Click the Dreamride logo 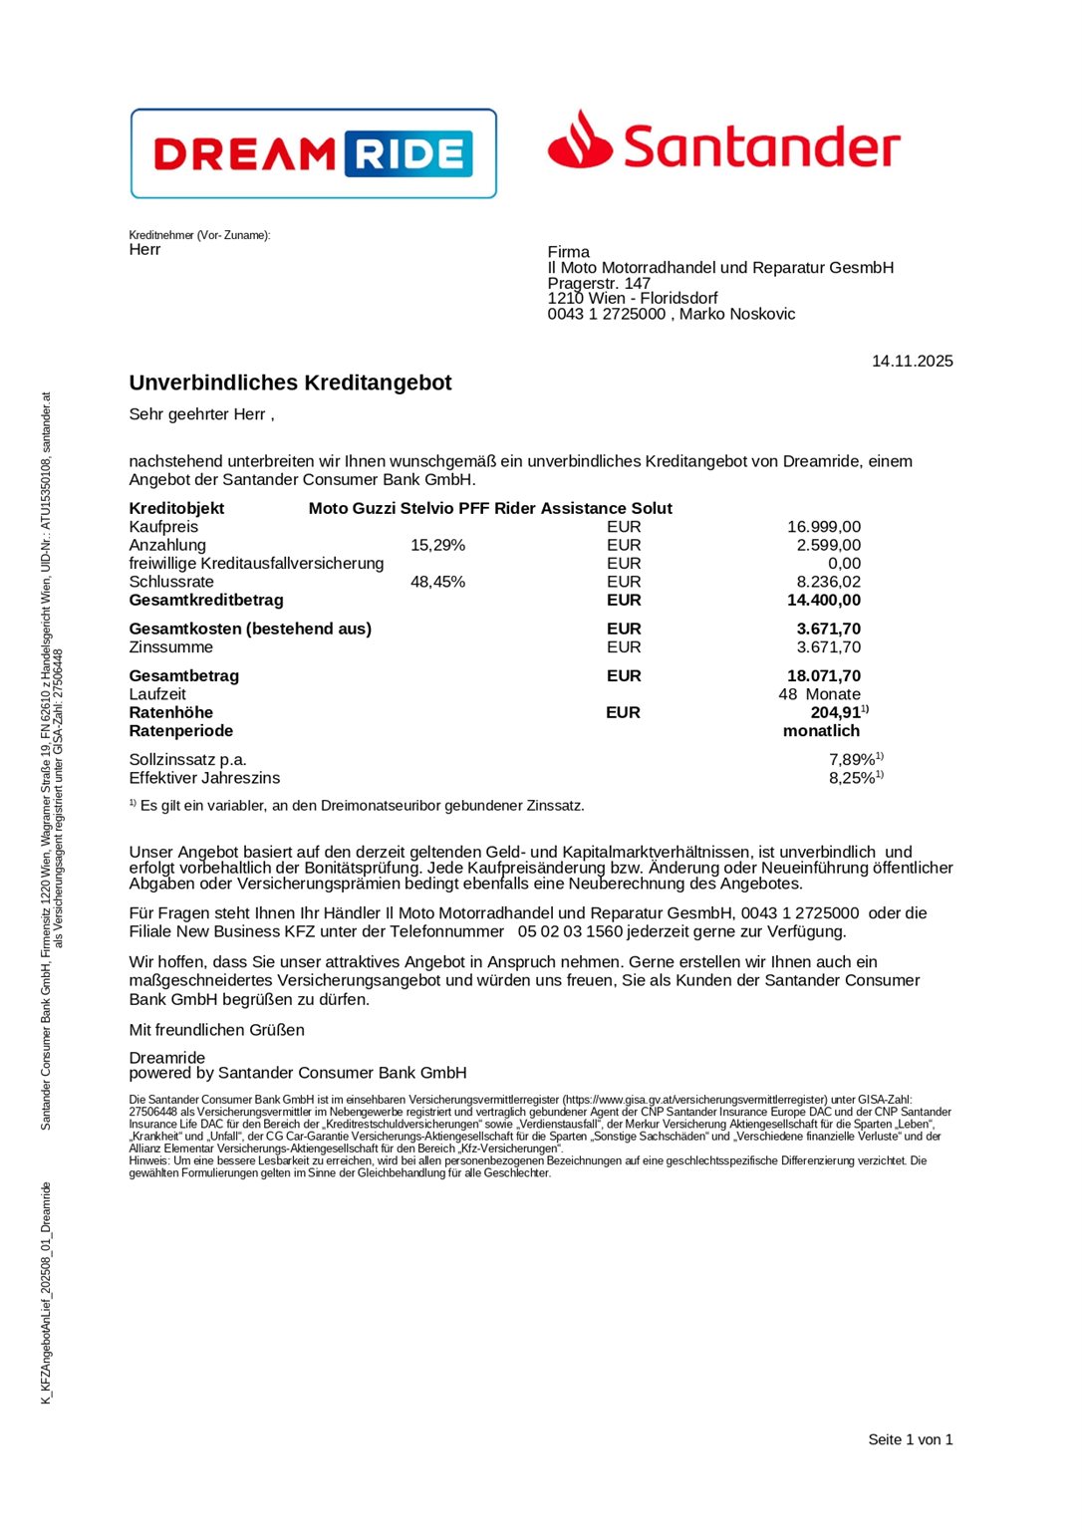point(313,153)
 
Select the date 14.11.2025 point(912,362)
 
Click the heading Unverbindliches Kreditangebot point(290,383)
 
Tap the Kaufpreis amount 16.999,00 point(823,527)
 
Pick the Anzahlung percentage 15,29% point(437,546)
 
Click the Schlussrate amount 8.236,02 point(828,582)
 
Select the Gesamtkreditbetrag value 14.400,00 point(823,601)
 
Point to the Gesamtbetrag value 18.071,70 point(823,676)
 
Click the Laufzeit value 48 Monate point(819,694)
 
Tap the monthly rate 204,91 point(835,713)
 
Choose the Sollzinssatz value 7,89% point(851,760)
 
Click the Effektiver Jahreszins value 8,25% point(851,778)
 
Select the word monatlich point(821,731)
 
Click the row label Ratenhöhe point(171,713)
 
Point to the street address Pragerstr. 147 point(599,284)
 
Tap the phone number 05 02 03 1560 point(570,932)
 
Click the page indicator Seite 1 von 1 point(910,1439)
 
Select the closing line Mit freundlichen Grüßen point(217,1030)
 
